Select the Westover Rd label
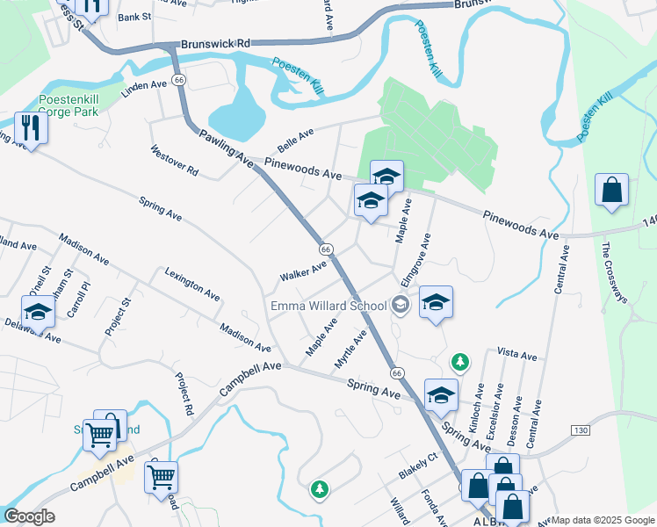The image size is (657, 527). (x=175, y=161)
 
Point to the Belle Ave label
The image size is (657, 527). (x=295, y=138)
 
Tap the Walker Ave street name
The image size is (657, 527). (x=303, y=270)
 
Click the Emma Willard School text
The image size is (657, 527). (x=328, y=306)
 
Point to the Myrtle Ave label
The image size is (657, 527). (x=350, y=350)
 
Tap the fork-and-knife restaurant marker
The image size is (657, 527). (x=30, y=128)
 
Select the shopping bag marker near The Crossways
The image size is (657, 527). (x=611, y=190)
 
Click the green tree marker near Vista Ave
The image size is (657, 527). (x=459, y=361)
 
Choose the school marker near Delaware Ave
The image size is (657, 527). (x=39, y=314)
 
